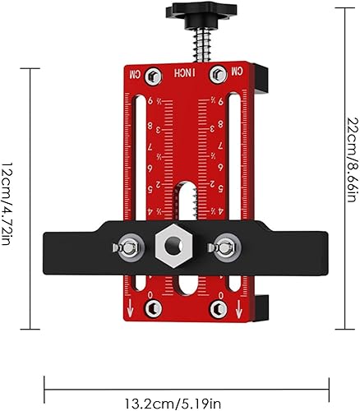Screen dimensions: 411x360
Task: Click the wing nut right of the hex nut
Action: tap(224, 247)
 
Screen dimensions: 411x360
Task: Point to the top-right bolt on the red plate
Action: tap(219, 75)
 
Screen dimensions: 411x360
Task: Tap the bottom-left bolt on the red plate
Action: tap(153, 308)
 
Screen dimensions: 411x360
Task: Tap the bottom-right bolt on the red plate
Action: tap(219, 308)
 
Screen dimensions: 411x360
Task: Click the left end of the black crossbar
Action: tap(53, 247)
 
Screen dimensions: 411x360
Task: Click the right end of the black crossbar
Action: tap(316, 247)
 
